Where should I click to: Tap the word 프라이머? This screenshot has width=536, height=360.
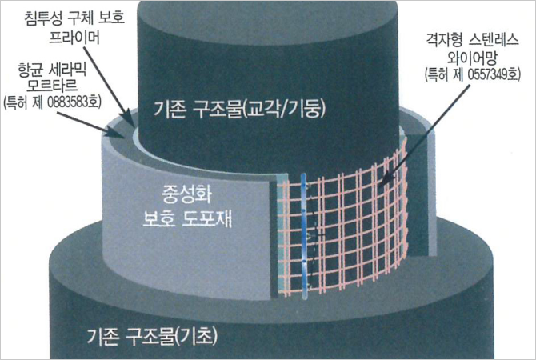coord(74,38)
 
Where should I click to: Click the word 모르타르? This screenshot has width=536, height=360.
coord(52,86)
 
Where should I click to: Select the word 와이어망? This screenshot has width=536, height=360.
coord(471,58)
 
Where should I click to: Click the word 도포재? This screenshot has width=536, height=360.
coord(207,218)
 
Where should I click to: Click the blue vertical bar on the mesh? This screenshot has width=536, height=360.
coord(304,236)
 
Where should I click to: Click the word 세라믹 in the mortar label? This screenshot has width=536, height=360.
coord(68,70)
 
